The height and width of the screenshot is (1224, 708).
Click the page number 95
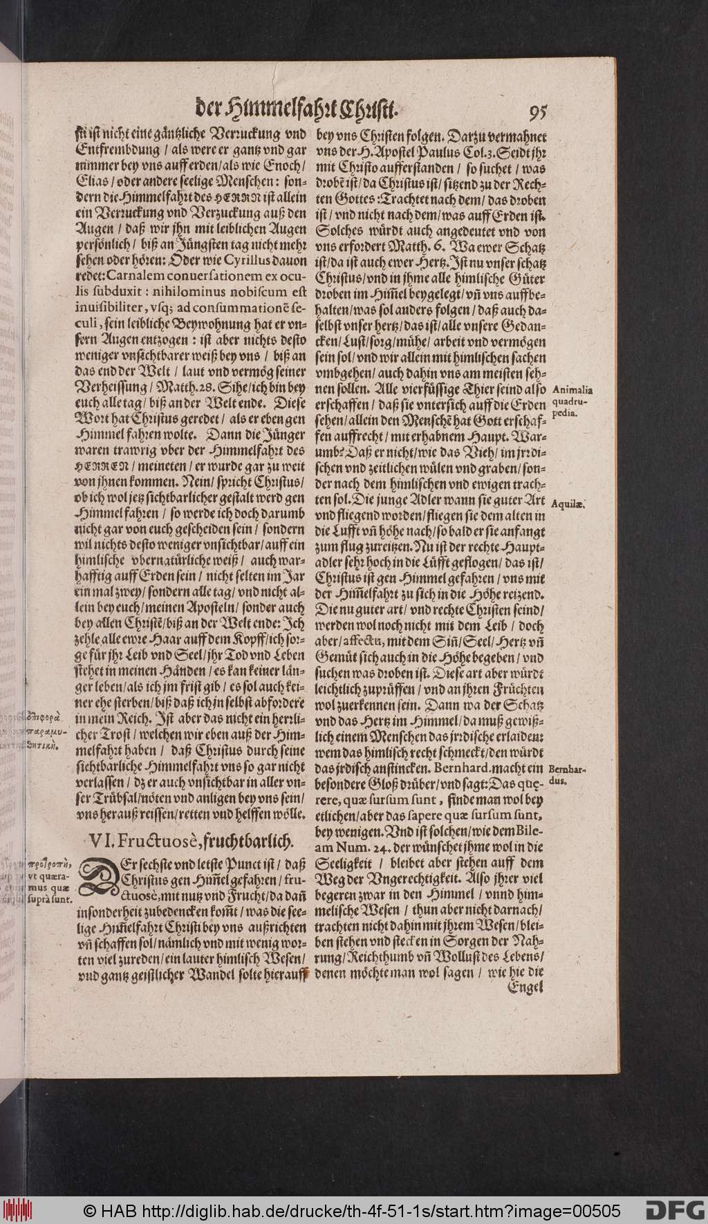[x=537, y=112]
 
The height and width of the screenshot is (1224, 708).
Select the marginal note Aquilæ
[x=569, y=504]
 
